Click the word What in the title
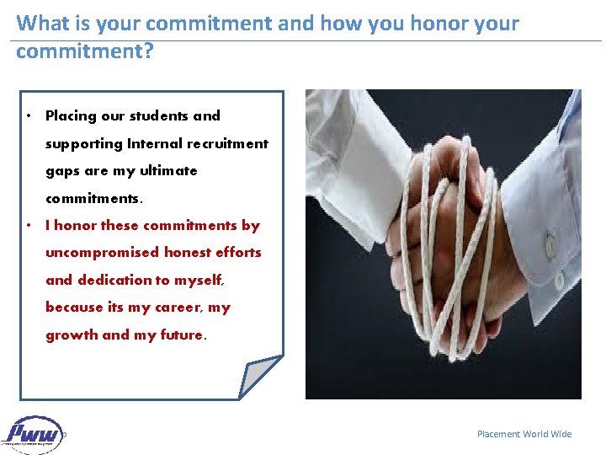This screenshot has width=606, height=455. pyautogui.click(x=42, y=23)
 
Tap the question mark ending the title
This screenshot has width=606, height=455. pyautogui.click(x=149, y=51)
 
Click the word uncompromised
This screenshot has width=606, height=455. pyautogui.click(x=101, y=252)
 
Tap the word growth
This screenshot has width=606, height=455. pyautogui.click(x=72, y=335)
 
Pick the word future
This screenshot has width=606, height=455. pyautogui.click(x=183, y=335)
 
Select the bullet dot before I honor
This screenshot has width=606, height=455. pyautogui.click(x=29, y=226)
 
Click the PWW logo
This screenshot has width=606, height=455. pyautogui.click(x=34, y=435)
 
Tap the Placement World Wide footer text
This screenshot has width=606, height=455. pyautogui.click(x=524, y=434)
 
